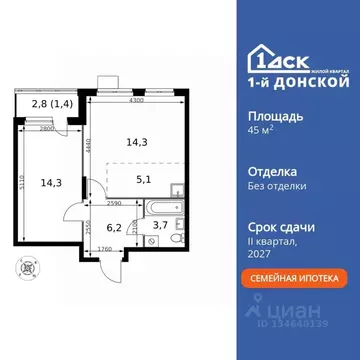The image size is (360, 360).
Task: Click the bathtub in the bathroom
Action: click(x=161, y=211)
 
